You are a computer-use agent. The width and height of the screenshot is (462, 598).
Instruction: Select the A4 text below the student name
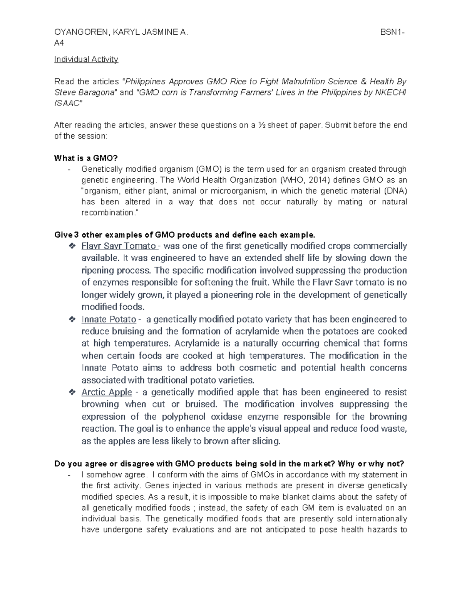click(59, 43)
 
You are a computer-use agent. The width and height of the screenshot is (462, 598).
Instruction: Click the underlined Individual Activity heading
click(86, 59)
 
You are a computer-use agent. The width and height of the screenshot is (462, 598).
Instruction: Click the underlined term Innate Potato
click(109, 319)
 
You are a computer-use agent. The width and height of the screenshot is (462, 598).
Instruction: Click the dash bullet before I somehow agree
click(69, 475)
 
